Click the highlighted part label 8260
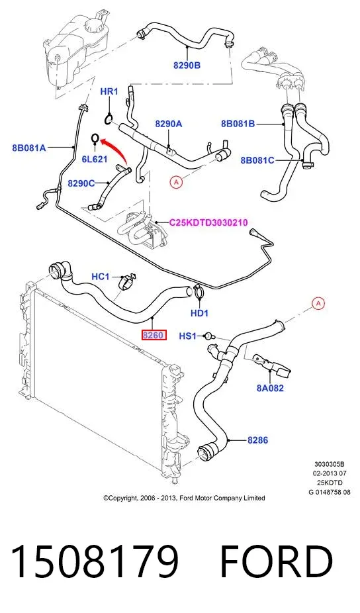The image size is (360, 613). (154, 335)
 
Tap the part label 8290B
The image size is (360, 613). (187, 66)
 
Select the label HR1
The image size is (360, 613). (109, 91)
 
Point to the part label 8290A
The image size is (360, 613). (169, 124)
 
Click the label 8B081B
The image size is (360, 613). (238, 124)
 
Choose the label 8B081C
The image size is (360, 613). (257, 160)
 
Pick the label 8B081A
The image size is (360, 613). (29, 148)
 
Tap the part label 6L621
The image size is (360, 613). (94, 159)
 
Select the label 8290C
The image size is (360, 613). (81, 183)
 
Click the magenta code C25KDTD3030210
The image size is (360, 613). (208, 223)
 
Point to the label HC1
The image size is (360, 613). (101, 277)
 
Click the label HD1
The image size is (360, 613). (199, 312)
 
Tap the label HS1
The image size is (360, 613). (188, 336)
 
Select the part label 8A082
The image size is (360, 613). (270, 388)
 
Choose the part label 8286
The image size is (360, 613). (257, 440)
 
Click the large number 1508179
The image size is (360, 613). (95, 561)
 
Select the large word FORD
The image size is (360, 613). (277, 561)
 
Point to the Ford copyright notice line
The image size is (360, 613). (184, 498)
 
